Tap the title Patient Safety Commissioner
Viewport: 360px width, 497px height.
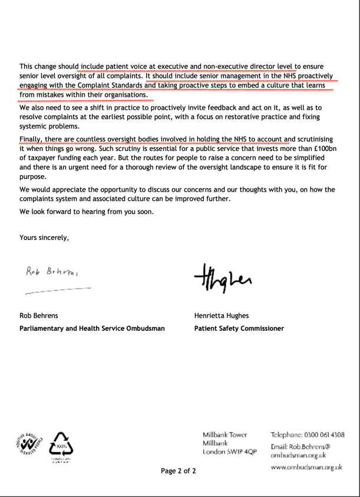pyautogui.click(x=239, y=328)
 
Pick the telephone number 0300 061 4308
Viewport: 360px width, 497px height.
pyautogui.click(x=323, y=435)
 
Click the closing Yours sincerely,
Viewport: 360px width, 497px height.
pyautogui.click(x=44, y=238)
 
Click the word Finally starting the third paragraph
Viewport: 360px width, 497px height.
pyautogui.click(x=33, y=139)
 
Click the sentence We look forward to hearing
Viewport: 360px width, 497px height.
pyautogui.click(x=87, y=212)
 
